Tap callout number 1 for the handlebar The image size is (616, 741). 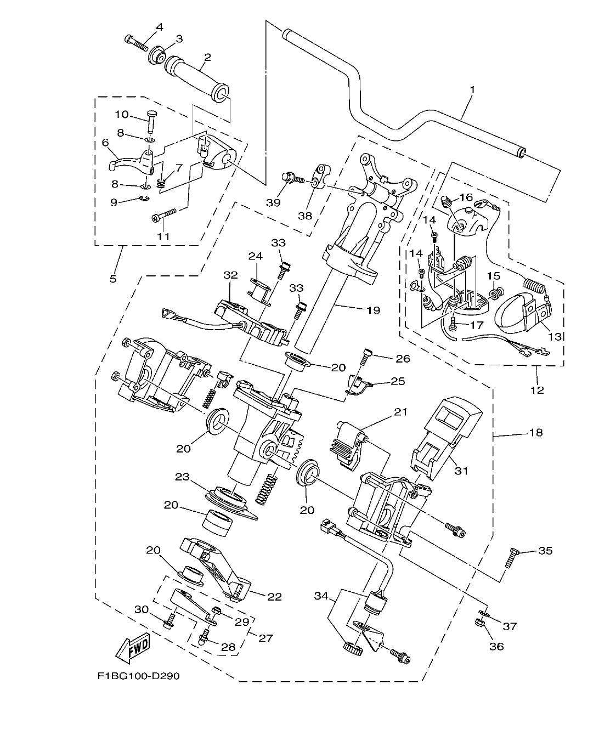pos(472,89)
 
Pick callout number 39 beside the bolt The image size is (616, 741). pos(273,202)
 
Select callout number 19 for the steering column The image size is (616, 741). pos(373,310)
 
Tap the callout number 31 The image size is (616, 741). pos(462,471)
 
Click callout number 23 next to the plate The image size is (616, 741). pos(182,477)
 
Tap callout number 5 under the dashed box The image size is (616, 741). pos(113,279)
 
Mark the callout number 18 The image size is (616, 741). pos(535,433)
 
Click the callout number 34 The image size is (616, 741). pos(322,596)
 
